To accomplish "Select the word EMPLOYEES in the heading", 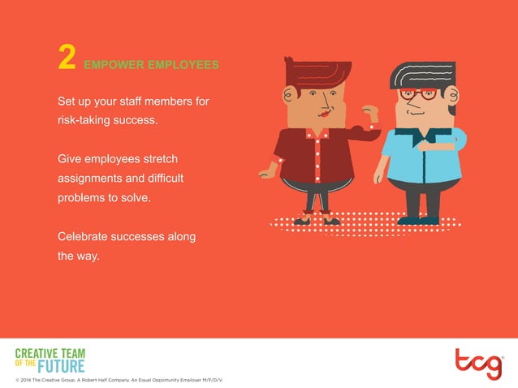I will coord(180,64).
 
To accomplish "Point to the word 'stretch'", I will coord(158,157).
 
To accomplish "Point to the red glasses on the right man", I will coord(419,94).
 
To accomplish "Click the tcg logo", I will coord(478,364).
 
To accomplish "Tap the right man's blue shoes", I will coord(419,219).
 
